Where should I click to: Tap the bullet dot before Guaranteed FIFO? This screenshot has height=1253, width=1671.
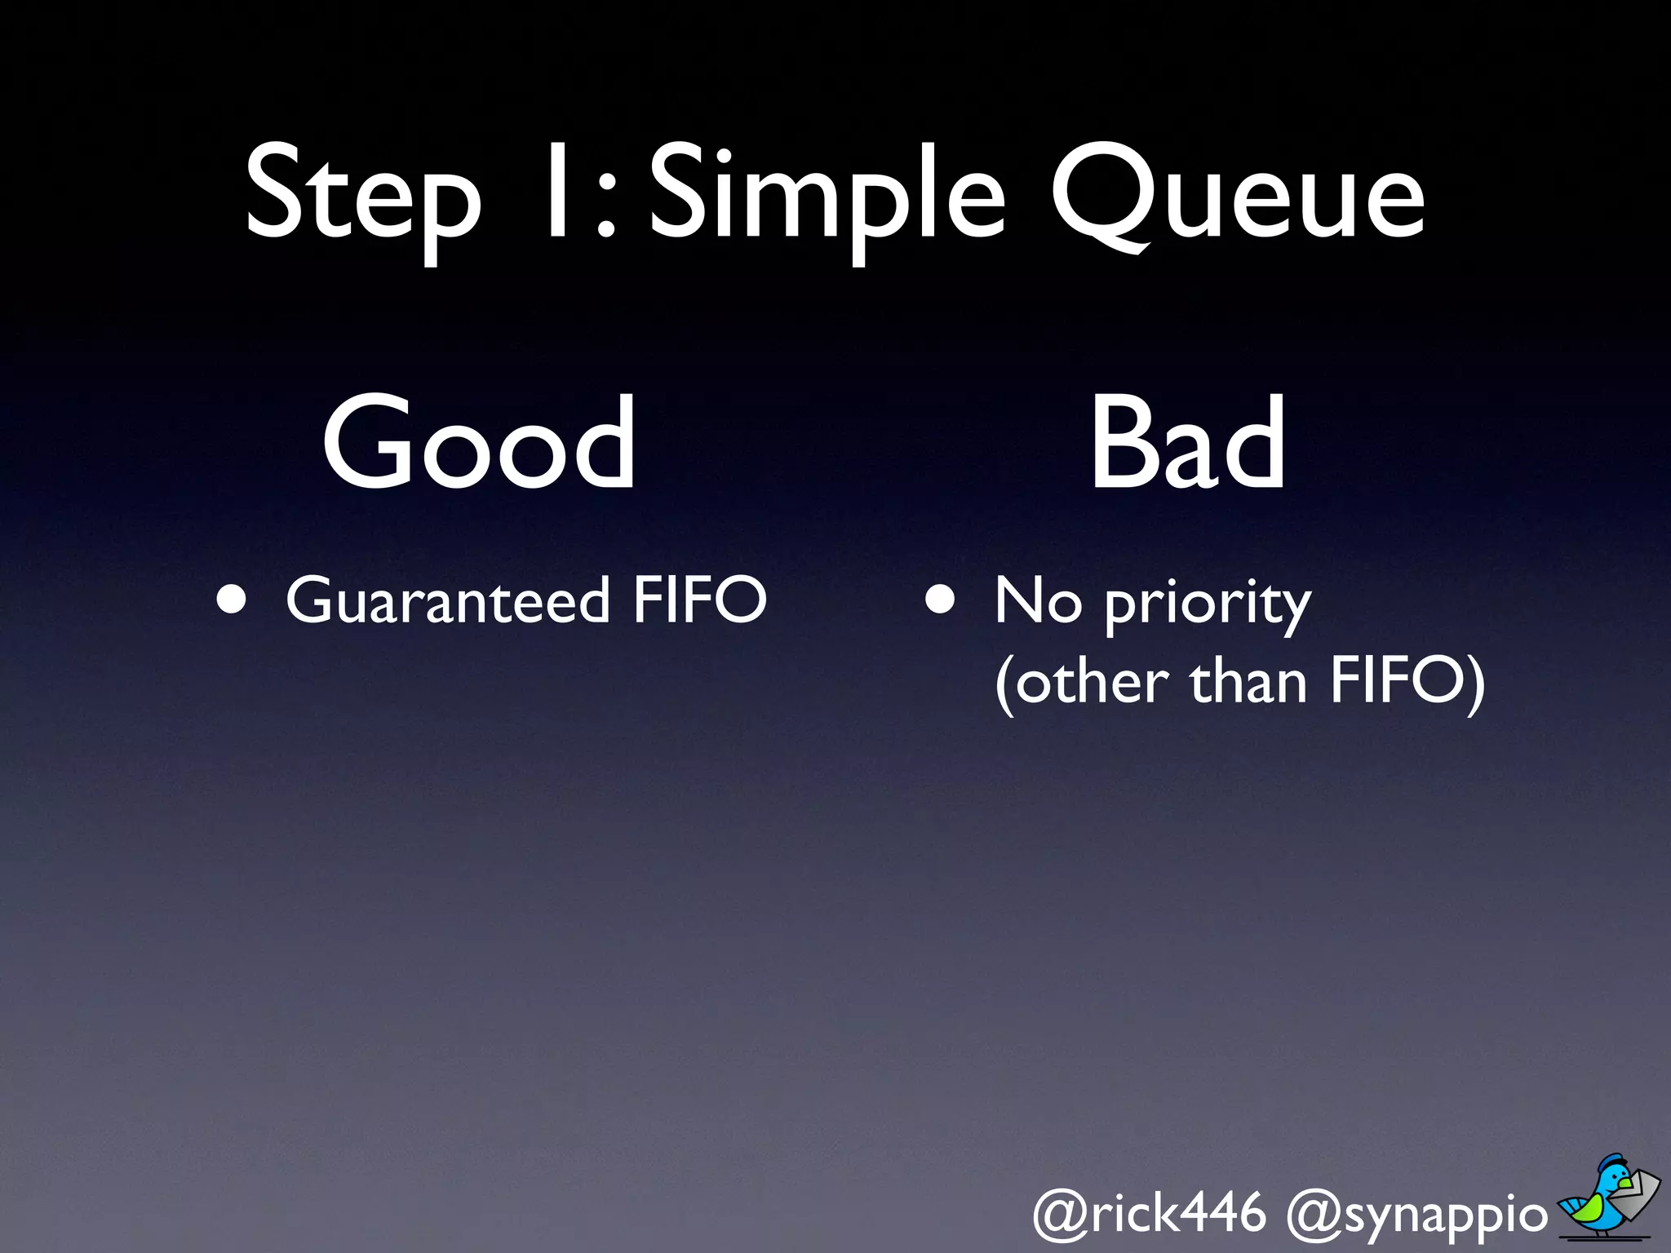232,600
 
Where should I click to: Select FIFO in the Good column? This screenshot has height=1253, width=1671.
700,600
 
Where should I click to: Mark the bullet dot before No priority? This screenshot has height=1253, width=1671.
940,600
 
